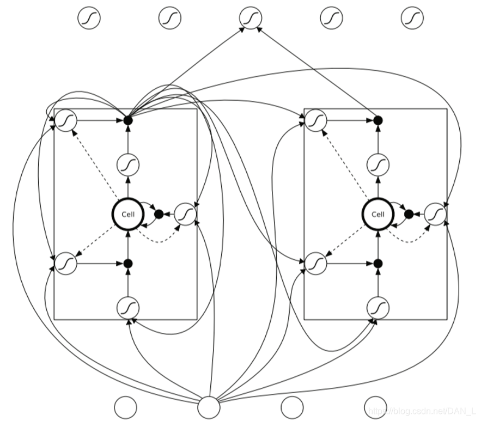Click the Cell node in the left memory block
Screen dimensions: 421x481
(x=128, y=214)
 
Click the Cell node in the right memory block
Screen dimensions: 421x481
(x=378, y=214)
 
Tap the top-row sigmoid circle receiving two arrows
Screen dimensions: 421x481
(x=251, y=18)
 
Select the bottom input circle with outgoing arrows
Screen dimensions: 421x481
(x=209, y=407)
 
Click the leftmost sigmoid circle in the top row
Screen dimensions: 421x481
(x=88, y=18)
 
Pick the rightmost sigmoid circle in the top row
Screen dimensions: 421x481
(x=412, y=18)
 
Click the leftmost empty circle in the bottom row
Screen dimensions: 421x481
(x=126, y=407)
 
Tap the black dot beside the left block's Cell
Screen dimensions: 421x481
(x=159, y=214)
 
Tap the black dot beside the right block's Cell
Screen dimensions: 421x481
(x=408, y=214)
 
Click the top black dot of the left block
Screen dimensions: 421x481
(x=128, y=120)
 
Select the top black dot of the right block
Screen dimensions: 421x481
(x=378, y=120)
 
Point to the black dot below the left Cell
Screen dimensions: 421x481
(x=128, y=264)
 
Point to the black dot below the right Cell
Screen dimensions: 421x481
(x=378, y=264)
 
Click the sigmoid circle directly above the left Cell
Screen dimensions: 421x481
(x=128, y=164)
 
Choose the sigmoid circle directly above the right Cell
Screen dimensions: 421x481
(x=378, y=164)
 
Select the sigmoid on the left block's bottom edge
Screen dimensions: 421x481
(x=128, y=308)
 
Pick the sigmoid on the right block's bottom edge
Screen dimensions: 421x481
(x=378, y=308)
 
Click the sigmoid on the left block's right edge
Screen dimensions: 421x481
(x=186, y=214)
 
